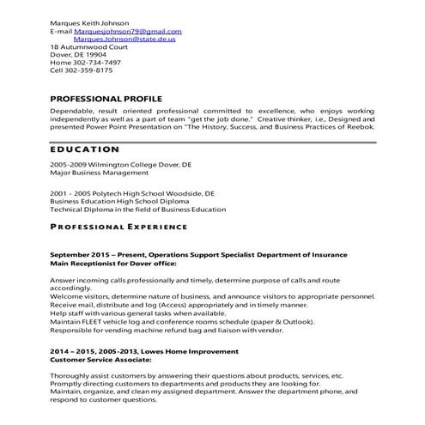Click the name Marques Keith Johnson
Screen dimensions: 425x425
coord(89,22)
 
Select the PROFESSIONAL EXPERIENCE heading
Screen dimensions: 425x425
coord(118,227)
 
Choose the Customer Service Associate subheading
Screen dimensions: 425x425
coord(100,360)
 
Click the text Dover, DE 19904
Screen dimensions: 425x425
coord(78,54)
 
